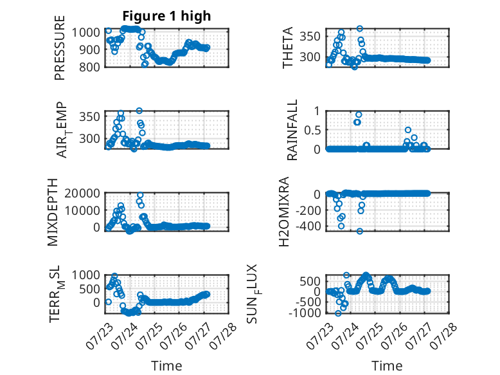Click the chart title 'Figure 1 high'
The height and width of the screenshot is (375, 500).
pos(166,16)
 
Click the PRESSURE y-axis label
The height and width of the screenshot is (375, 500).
pos(60,48)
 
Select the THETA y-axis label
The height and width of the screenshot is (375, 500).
pos(288,48)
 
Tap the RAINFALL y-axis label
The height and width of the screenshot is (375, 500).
pos(292,130)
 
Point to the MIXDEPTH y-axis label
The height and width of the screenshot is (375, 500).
pos(53,212)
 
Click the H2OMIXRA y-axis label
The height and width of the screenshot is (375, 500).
pos(284,212)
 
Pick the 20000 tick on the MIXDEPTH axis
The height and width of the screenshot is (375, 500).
pos(82,193)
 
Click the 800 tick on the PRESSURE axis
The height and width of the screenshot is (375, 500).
pos(89,67)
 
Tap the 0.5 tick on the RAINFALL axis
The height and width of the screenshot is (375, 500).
pos(312,130)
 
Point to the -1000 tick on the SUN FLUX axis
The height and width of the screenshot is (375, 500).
pos(305,313)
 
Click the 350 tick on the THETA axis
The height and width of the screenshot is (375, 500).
pos(310,37)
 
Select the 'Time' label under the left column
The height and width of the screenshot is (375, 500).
pos(166,366)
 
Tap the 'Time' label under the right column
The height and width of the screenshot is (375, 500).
pos(387,366)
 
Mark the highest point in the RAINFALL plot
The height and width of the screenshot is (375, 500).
pos(359,114)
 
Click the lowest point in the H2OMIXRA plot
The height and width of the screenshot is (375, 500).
pos(360,231)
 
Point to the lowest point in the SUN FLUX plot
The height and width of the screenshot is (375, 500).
pos(338,313)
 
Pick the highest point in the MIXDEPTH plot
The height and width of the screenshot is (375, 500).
pos(140,195)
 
